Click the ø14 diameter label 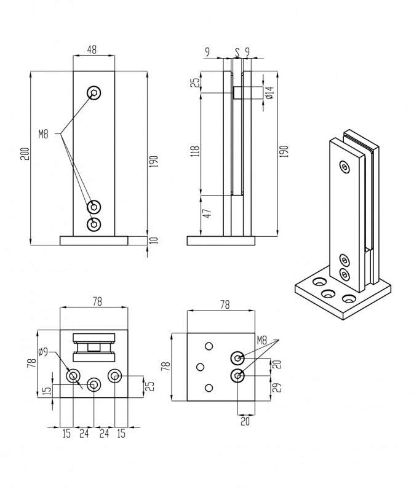pos(269,93)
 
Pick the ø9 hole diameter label pos(44,352)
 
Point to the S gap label pos(237,52)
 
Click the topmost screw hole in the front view pos(94,93)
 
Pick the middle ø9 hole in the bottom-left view pos(94,385)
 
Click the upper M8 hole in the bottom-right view pos(238,357)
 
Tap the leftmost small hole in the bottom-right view pos(199,367)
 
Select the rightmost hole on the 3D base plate pos(349,300)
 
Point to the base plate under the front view pos(94,240)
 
